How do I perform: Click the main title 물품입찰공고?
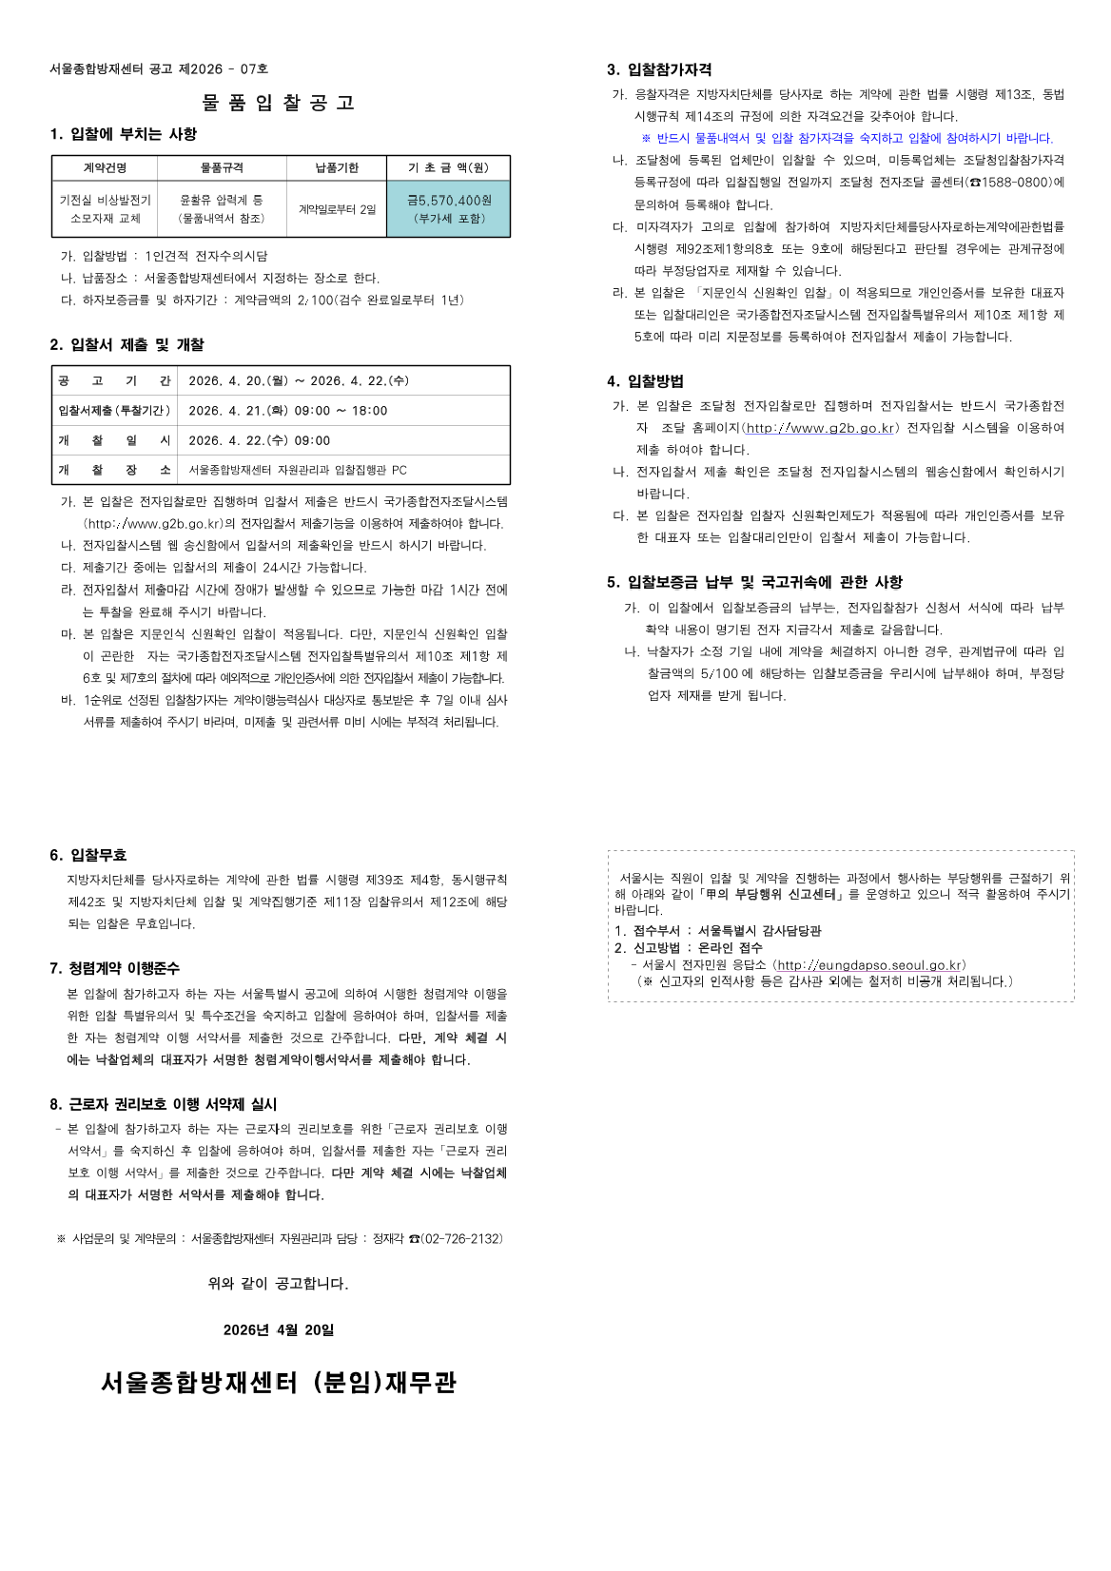point(278,103)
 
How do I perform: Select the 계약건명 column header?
point(105,168)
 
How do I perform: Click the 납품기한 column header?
point(337,168)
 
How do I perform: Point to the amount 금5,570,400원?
point(449,201)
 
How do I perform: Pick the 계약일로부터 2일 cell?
point(337,209)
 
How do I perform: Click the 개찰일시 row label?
point(114,440)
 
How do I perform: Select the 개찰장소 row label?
point(114,470)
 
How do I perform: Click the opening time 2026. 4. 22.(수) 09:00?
point(260,440)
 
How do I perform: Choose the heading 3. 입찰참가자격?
point(659,69)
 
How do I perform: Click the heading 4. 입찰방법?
point(646,381)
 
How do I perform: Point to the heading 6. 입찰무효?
point(88,855)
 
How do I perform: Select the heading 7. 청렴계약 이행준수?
point(114,968)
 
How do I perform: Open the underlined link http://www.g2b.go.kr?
point(820,428)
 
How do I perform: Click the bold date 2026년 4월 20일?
point(279,1330)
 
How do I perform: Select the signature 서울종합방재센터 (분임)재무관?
point(279,1383)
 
